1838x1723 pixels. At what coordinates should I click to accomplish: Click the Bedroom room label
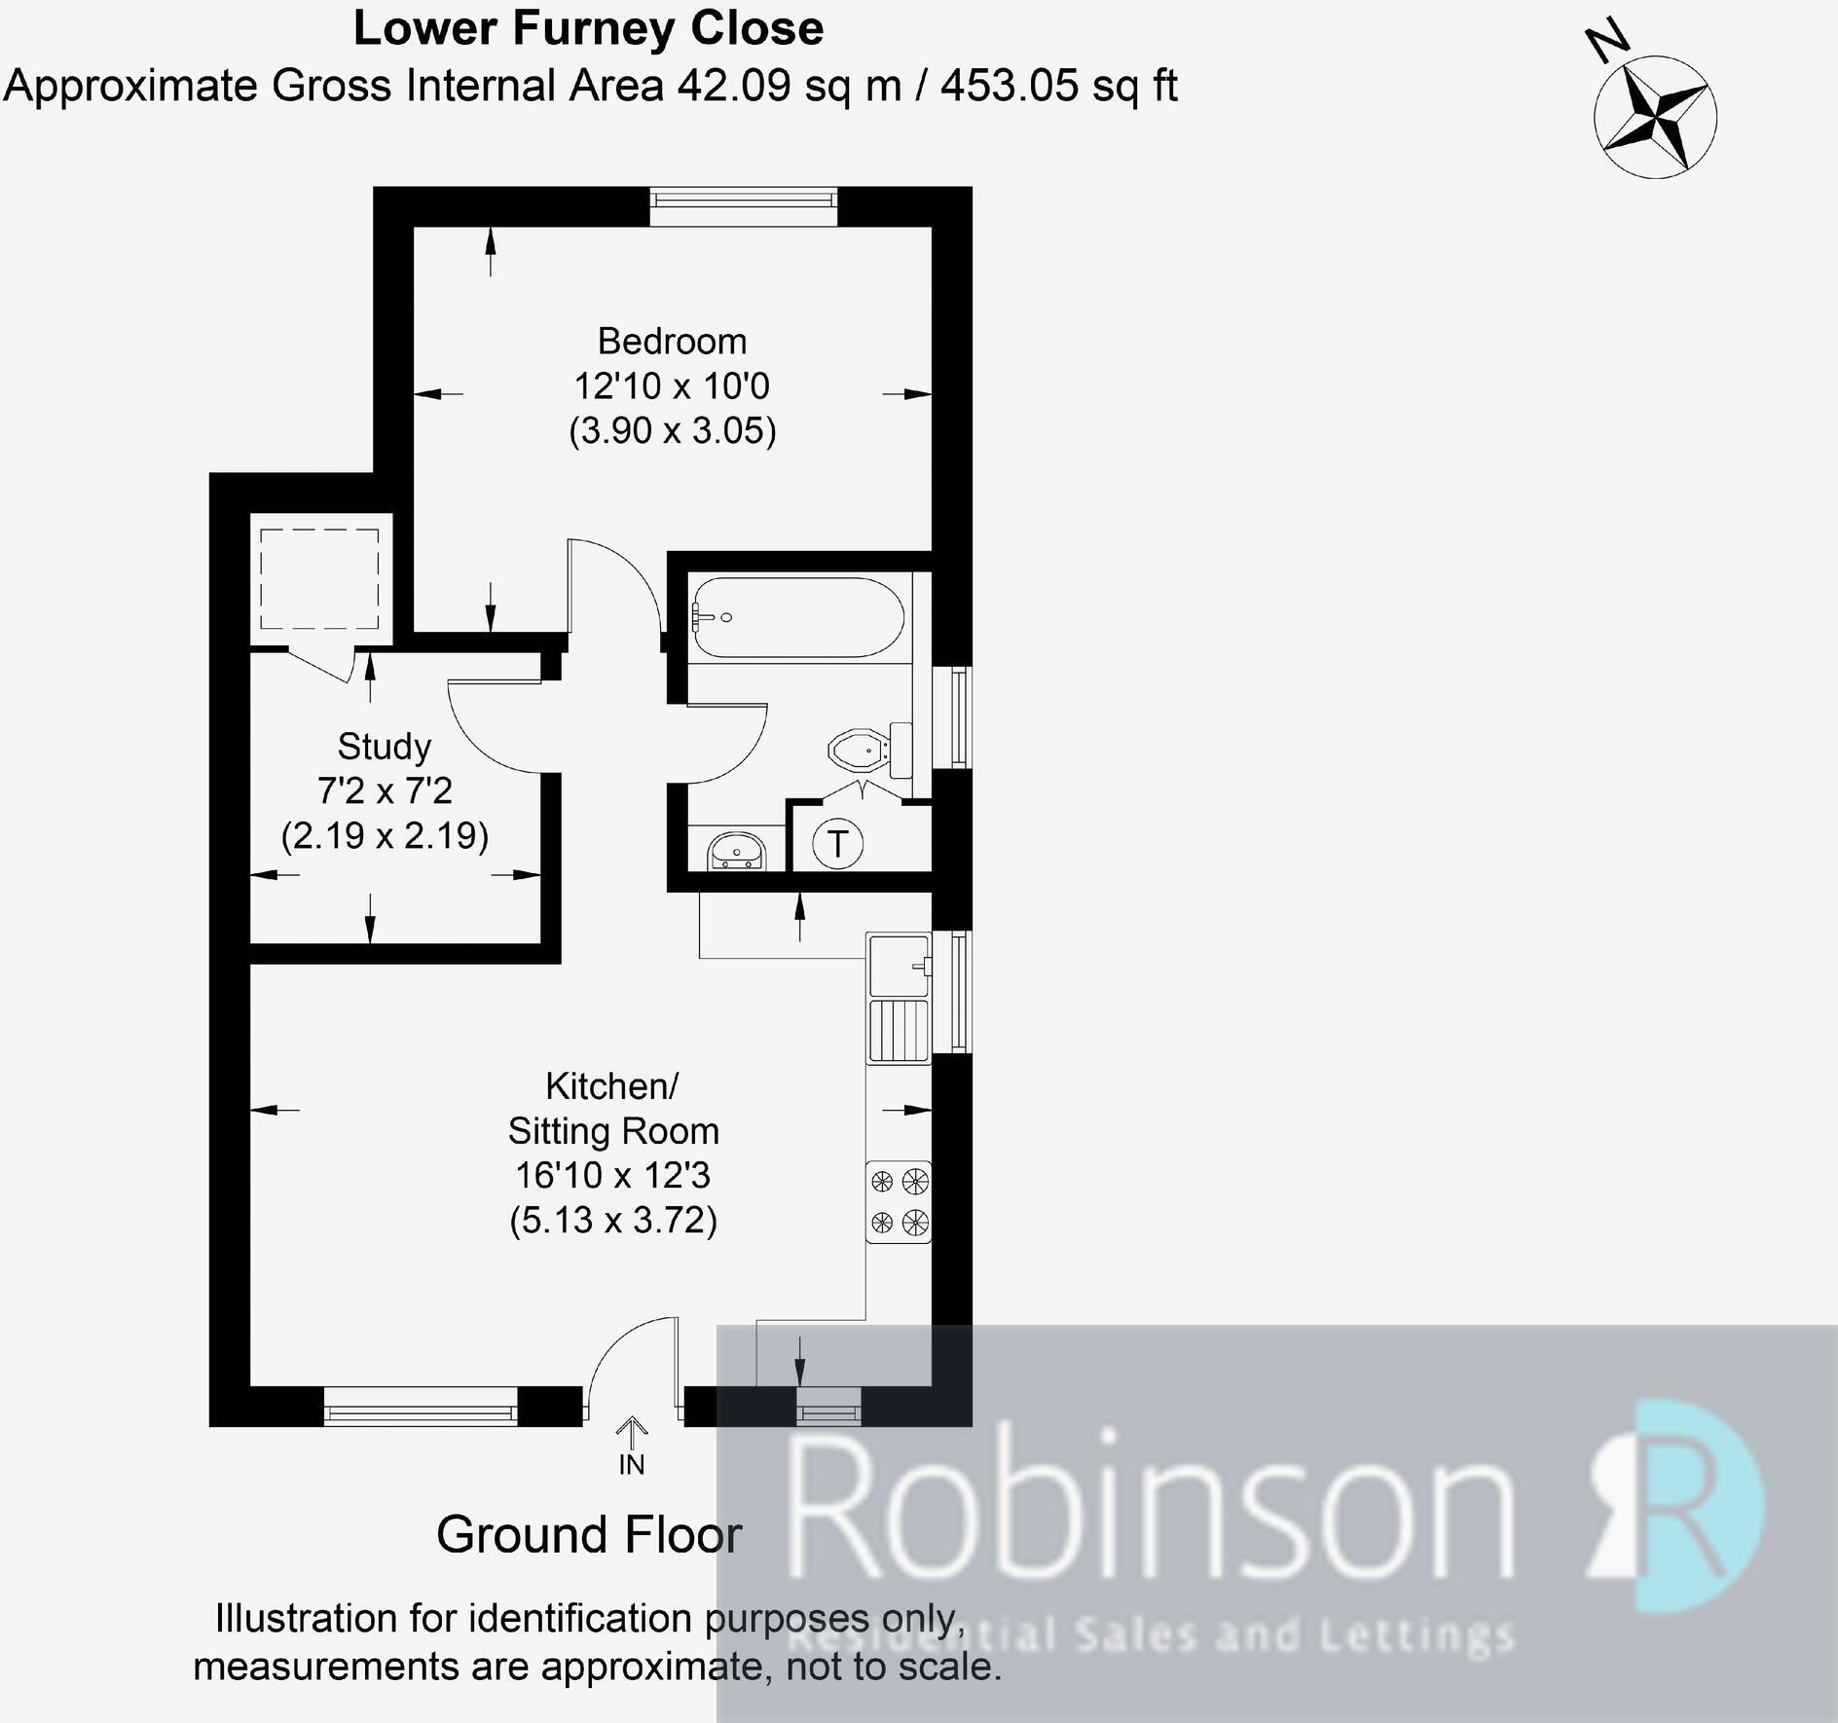coord(672,342)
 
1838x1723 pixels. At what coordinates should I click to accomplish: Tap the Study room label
coord(384,747)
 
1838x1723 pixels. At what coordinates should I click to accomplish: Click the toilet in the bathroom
coord(870,751)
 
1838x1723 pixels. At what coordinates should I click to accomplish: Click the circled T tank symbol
coord(837,843)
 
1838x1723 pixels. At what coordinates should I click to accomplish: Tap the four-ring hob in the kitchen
coord(899,1202)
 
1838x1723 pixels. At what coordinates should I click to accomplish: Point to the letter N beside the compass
coord(1607,41)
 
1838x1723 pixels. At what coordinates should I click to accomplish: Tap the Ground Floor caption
coord(589,1535)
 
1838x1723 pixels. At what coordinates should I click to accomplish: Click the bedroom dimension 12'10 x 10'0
coord(672,386)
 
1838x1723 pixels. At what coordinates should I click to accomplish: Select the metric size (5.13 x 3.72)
coord(613,1220)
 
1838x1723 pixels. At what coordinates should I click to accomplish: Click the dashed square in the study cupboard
coord(319,580)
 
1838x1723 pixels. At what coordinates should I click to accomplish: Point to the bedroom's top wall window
coord(744,200)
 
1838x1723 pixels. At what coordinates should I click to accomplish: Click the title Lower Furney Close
coord(588,28)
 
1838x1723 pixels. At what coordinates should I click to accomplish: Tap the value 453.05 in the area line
coord(1009,86)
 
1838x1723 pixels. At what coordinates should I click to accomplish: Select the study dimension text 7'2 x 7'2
coord(385,791)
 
